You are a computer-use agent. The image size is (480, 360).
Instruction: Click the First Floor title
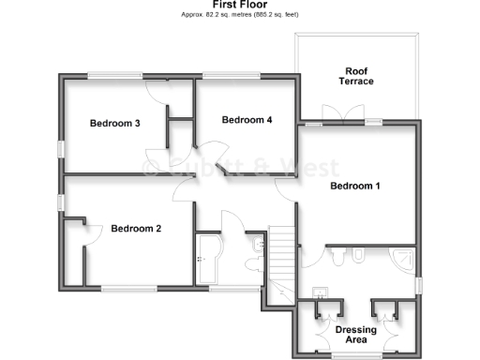(239, 5)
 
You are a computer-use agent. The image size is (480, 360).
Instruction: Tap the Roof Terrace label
(356, 76)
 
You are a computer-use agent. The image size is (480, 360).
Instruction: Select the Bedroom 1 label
(355, 186)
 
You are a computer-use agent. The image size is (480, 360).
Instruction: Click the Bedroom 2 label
(136, 228)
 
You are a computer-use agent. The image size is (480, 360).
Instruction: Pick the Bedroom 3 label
(115, 124)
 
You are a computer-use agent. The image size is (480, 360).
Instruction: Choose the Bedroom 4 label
(247, 120)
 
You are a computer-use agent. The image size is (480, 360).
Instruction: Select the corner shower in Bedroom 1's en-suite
(404, 259)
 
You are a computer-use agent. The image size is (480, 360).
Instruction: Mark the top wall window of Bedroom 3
(114, 76)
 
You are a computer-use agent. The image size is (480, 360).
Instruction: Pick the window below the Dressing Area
(357, 355)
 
